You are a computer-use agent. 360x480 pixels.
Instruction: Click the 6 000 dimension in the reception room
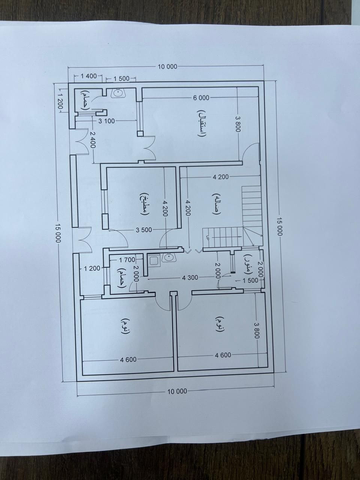[x=201, y=98]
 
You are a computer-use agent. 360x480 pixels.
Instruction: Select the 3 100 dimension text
[x=106, y=121]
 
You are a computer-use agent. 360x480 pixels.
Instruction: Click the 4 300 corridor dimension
[x=190, y=278]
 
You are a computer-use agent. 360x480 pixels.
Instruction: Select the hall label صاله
[x=215, y=204]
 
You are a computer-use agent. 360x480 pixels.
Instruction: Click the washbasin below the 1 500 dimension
[x=118, y=93]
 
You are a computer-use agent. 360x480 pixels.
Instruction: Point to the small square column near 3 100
[x=140, y=133]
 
